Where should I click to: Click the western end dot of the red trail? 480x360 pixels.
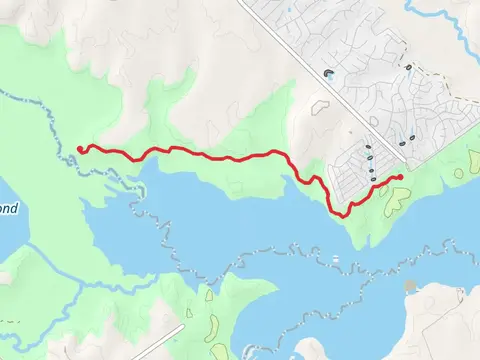[x=79, y=149]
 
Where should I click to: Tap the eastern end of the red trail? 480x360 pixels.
[x=400, y=177]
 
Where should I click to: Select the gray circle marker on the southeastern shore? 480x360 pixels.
[x=410, y=287]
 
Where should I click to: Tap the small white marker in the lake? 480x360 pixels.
[x=336, y=258]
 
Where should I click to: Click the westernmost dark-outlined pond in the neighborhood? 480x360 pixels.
[x=329, y=73]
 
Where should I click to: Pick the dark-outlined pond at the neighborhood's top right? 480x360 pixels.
[x=408, y=67]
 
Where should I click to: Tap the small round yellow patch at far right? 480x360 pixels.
[x=459, y=172]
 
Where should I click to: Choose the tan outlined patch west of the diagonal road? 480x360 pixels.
[x=321, y=103]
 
